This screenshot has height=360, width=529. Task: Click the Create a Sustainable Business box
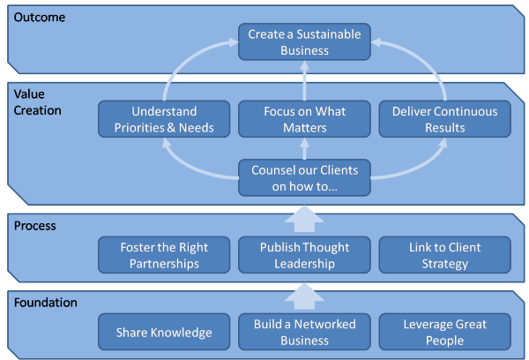coord(304,41)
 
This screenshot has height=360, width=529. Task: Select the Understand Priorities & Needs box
coord(164,119)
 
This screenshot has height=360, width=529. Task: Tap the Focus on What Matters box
coord(304,119)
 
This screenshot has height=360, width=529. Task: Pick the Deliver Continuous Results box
coord(444,119)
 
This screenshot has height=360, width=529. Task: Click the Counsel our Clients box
coord(304,177)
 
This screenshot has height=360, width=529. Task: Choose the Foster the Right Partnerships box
coord(164,255)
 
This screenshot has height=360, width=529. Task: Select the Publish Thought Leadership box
coord(304,255)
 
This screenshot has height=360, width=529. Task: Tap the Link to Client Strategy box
coord(444,255)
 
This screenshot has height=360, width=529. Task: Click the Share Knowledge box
coord(164,332)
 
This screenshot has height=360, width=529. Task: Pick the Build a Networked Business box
coord(304,332)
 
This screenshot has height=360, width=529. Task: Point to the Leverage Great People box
coord(444,332)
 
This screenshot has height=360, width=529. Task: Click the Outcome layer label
coord(40,18)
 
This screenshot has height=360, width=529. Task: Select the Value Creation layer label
coord(37,102)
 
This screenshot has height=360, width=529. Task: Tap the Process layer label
coord(35,226)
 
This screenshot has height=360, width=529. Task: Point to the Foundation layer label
coord(46,303)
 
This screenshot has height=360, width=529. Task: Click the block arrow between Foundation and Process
coord(304,296)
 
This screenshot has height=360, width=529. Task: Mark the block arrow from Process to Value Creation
coord(304,219)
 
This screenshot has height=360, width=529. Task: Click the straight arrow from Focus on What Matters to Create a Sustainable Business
coord(304,80)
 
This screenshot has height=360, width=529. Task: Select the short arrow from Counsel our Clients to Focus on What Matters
coord(304,148)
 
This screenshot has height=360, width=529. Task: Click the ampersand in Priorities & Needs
coord(171,128)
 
